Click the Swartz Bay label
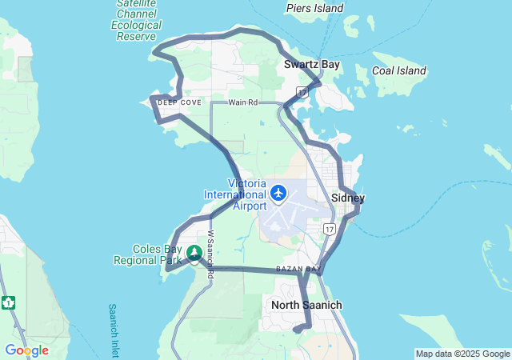point(313,64)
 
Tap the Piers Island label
point(314,9)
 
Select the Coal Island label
point(399,71)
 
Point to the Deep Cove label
point(179,102)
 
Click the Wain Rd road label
point(242,102)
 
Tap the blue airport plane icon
point(278,192)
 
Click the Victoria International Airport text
point(235,194)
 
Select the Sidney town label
point(348,198)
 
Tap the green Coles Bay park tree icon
point(194,254)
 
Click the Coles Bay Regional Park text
point(150,254)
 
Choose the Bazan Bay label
point(298,269)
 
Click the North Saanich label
point(306,305)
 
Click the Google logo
point(26,350)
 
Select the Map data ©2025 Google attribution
point(462,354)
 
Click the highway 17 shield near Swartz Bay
point(302,93)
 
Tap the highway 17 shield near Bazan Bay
point(329,230)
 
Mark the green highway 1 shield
point(8,302)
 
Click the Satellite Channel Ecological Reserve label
point(136,20)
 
